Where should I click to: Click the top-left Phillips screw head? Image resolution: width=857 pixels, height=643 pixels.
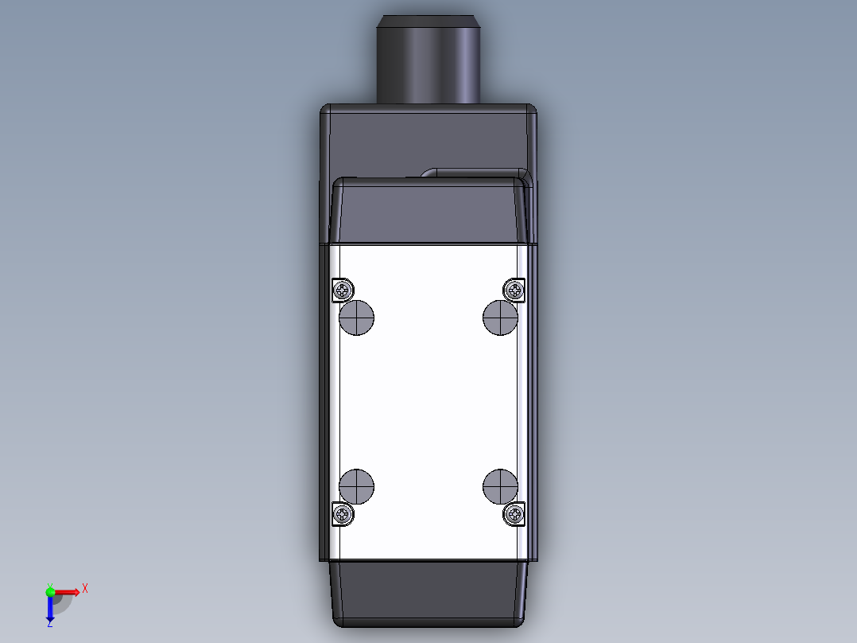tap(343, 290)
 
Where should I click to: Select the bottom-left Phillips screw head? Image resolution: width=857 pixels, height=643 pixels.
tap(343, 514)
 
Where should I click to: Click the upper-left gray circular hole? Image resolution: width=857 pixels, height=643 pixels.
tap(357, 318)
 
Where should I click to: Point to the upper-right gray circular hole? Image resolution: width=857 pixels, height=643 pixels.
tap(501, 318)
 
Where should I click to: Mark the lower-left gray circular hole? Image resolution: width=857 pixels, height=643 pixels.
tap(357, 486)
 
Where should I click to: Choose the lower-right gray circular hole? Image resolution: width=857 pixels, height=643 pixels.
tap(501, 486)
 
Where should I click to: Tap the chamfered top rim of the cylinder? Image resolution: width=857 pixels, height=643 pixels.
tap(428, 21)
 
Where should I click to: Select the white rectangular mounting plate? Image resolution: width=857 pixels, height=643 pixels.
tap(429, 402)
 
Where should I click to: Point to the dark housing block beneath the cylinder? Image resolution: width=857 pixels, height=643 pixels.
tap(429, 139)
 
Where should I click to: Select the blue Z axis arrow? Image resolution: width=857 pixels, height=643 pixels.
tap(50, 610)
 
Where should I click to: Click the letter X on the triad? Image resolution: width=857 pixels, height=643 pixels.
tap(84, 588)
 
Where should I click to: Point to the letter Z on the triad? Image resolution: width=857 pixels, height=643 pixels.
tap(50, 624)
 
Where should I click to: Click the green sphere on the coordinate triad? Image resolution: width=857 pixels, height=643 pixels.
tap(50, 590)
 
